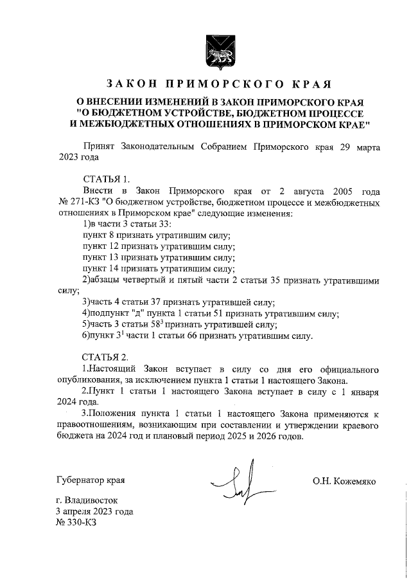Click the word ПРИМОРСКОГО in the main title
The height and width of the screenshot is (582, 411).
tap(210, 84)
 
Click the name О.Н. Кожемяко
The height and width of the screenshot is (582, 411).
tap(344, 481)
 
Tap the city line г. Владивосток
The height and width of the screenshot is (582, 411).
tap(87, 500)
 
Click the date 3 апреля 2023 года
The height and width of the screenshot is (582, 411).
tap(94, 511)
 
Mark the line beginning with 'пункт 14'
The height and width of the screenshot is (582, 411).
tap(159, 269)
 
